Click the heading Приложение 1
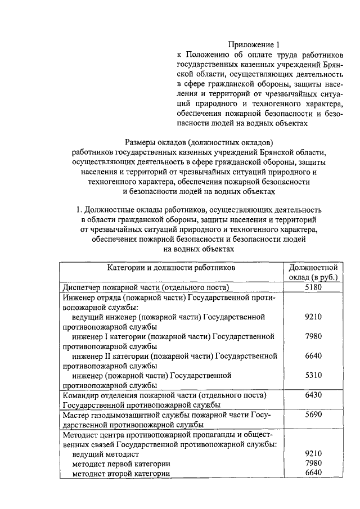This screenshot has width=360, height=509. pos(253,44)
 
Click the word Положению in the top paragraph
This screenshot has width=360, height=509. pos(210,55)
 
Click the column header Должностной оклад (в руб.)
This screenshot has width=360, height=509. pos(313,272)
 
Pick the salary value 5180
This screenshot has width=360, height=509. pos(313,287)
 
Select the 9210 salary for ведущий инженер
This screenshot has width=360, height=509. pos(313,317)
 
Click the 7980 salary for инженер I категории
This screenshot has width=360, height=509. pos(313,336)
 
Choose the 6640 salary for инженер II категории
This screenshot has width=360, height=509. pos(313,356)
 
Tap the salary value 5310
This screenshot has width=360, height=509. pos(313,375)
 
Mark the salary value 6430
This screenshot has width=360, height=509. pos(313,395)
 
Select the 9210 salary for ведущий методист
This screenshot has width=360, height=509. pos(313,453)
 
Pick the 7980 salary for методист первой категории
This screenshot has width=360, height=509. pos(313,463)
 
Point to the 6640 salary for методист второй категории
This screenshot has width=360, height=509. pos(313,473)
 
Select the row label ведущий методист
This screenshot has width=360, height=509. pos(105,453)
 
